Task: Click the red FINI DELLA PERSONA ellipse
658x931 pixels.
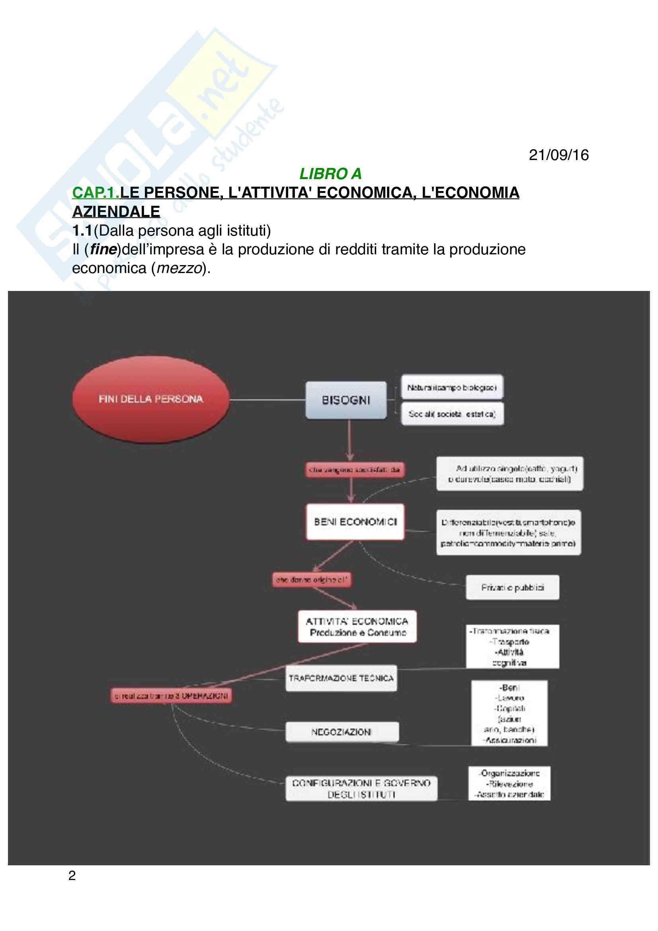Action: click(150, 399)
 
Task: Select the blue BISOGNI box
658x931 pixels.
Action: click(346, 400)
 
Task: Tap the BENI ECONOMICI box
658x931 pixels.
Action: click(355, 522)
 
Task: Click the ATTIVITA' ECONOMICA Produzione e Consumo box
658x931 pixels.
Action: click(357, 627)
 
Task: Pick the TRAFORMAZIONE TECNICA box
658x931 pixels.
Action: click(341, 678)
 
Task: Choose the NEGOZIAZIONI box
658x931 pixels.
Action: click(342, 732)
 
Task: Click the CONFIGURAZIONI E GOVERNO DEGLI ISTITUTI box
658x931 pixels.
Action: click(361, 788)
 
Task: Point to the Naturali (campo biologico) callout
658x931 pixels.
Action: click(452, 388)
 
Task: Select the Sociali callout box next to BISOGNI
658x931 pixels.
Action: click(452, 414)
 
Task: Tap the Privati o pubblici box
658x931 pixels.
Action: click(512, 587)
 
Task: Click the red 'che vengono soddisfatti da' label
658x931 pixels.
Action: click(354, 470)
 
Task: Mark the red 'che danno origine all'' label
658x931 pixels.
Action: click(311, 580)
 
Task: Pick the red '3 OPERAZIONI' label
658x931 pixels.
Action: click(171, 696)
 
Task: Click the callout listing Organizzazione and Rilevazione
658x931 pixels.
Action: click(509, 783)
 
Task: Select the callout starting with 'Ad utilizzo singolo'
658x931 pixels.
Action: click(510, 474)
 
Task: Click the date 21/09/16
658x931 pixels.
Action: click(558, 155)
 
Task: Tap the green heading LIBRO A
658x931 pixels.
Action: click(330, 174)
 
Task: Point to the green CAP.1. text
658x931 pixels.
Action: click(96, 193)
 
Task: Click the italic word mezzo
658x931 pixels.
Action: click(179, 268)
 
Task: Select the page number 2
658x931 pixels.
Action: click(72, 875)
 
